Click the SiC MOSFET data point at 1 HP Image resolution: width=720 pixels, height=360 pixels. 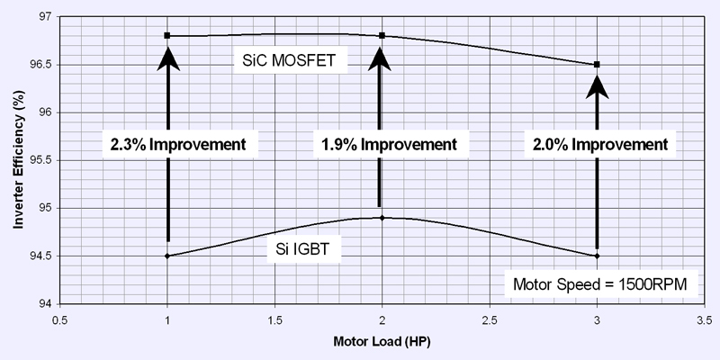pos(167,35)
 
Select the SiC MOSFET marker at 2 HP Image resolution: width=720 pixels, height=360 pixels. pos(382,35)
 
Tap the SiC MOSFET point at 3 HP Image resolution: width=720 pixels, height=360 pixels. pos(597,64)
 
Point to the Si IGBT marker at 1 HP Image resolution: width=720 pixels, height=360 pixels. pos(167,256)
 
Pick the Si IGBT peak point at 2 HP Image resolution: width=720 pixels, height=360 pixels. pos(382,218)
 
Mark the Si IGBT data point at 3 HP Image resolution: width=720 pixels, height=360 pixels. pos(597,256)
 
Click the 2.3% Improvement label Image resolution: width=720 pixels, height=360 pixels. pos(179,144)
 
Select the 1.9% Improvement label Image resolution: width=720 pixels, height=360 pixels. pos(386,144)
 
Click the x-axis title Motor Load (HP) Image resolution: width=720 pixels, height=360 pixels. pos(383,342)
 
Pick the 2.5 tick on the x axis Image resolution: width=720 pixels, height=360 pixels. pos(490,319)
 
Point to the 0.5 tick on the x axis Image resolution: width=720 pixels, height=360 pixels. pos(60,319)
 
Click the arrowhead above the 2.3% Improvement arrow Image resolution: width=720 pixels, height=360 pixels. pos(167,56)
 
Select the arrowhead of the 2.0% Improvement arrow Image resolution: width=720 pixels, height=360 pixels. pos(597,85)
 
